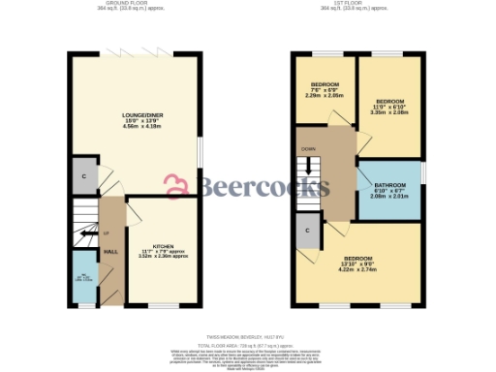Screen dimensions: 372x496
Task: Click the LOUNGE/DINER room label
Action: point(136,113)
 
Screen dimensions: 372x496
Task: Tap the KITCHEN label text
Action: point(162,247)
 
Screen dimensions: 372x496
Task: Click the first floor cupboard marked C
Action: point(307,232)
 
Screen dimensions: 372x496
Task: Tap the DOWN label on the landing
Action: point(308,149)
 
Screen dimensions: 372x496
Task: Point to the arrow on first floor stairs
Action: point(309,166)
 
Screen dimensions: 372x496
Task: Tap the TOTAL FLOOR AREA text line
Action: point(248,345)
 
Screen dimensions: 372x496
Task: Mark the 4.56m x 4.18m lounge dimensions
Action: point(136,126)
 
